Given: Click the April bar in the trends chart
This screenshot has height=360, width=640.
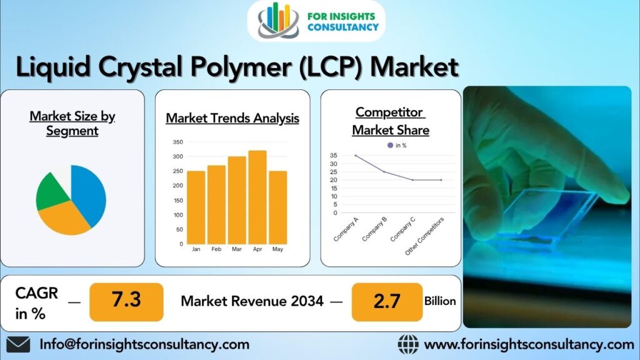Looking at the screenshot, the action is pyautogui.click(x=257, y=197).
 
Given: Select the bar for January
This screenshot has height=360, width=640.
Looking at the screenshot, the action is pyautogui.click(x=196, y=207).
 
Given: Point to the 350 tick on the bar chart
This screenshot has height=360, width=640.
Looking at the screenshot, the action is pyautogui.click(x=178, y=142).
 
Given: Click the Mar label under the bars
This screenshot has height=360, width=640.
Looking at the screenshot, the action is pyautogui.click(x=237, y=249).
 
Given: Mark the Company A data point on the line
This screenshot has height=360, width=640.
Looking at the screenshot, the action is pyautogui.click(x=356, y=156).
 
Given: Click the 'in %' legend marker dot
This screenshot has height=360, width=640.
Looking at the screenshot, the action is pyautogui.click(x=390, y=145).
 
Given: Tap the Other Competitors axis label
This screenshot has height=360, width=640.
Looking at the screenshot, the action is pyautogui.click(x=424, y=236).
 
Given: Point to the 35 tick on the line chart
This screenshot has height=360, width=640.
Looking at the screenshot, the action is pyautogui.click(x=334, y=156).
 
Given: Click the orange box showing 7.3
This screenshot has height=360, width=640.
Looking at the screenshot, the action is pyautogui.click(x=126, y=302).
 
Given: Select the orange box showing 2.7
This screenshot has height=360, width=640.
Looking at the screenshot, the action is pyautogui.click(x=387, y=302).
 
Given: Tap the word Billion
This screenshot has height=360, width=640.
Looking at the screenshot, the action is pyautogui.click(x=440, y=301).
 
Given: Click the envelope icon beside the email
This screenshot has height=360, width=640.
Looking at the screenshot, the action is pyautogui.click(x=18, y=345).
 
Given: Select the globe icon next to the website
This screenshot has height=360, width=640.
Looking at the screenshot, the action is pyautogui.click(x=408, y=345).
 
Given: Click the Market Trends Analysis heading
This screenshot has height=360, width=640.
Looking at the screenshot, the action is pyautogui.click(x=232, y=118).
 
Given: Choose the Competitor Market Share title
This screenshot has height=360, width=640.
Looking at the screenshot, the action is pyautogui.click(x=391, y=121).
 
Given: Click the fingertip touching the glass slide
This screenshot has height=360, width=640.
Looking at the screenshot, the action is pyautogui.click(x=612, y=192).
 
